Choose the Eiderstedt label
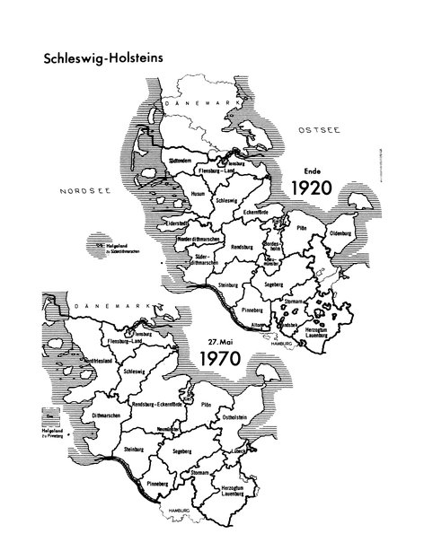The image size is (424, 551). coord(181,221)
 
